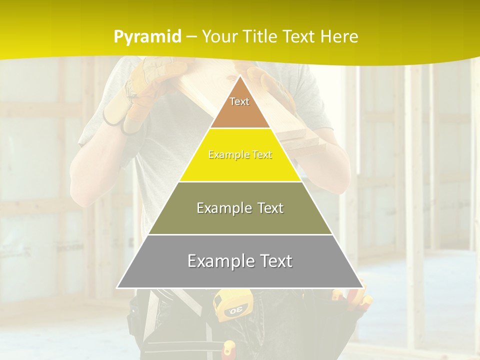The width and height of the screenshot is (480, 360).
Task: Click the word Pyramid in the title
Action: click(x=147, y=37)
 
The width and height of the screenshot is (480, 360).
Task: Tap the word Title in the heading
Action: click(x=259, y=36)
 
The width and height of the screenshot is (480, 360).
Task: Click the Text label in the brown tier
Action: click(x=239, y=101)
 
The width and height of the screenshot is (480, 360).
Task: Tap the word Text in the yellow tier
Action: click(x=262, y=155)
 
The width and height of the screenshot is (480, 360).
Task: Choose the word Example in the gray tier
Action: click(x=216, y=261)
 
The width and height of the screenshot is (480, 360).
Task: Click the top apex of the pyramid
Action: click(x=240, y=76)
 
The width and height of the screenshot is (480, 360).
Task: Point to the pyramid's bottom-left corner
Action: click(x=117, y=287)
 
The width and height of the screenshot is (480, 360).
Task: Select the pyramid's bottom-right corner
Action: click(x=362, y=287)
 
